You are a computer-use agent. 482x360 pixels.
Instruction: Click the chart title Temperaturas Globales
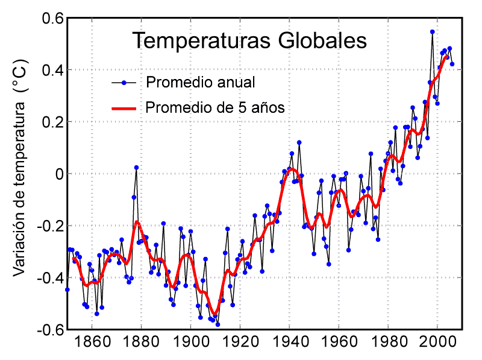[249, 40]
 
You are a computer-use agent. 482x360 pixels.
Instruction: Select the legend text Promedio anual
[201, 82]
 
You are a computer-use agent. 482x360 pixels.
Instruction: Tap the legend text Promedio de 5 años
[215, 108]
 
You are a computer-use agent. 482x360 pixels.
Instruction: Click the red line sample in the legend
[125, 109]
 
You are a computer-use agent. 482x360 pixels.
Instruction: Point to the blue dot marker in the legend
[124, 82]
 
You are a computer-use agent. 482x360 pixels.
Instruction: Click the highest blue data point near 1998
[433, 32]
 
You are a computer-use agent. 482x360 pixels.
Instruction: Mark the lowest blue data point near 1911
[218, 324]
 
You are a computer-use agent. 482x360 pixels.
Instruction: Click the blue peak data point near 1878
[137, 167]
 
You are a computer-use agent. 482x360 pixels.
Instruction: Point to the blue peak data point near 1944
[299, 142]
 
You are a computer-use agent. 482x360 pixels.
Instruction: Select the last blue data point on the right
[452, 64]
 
